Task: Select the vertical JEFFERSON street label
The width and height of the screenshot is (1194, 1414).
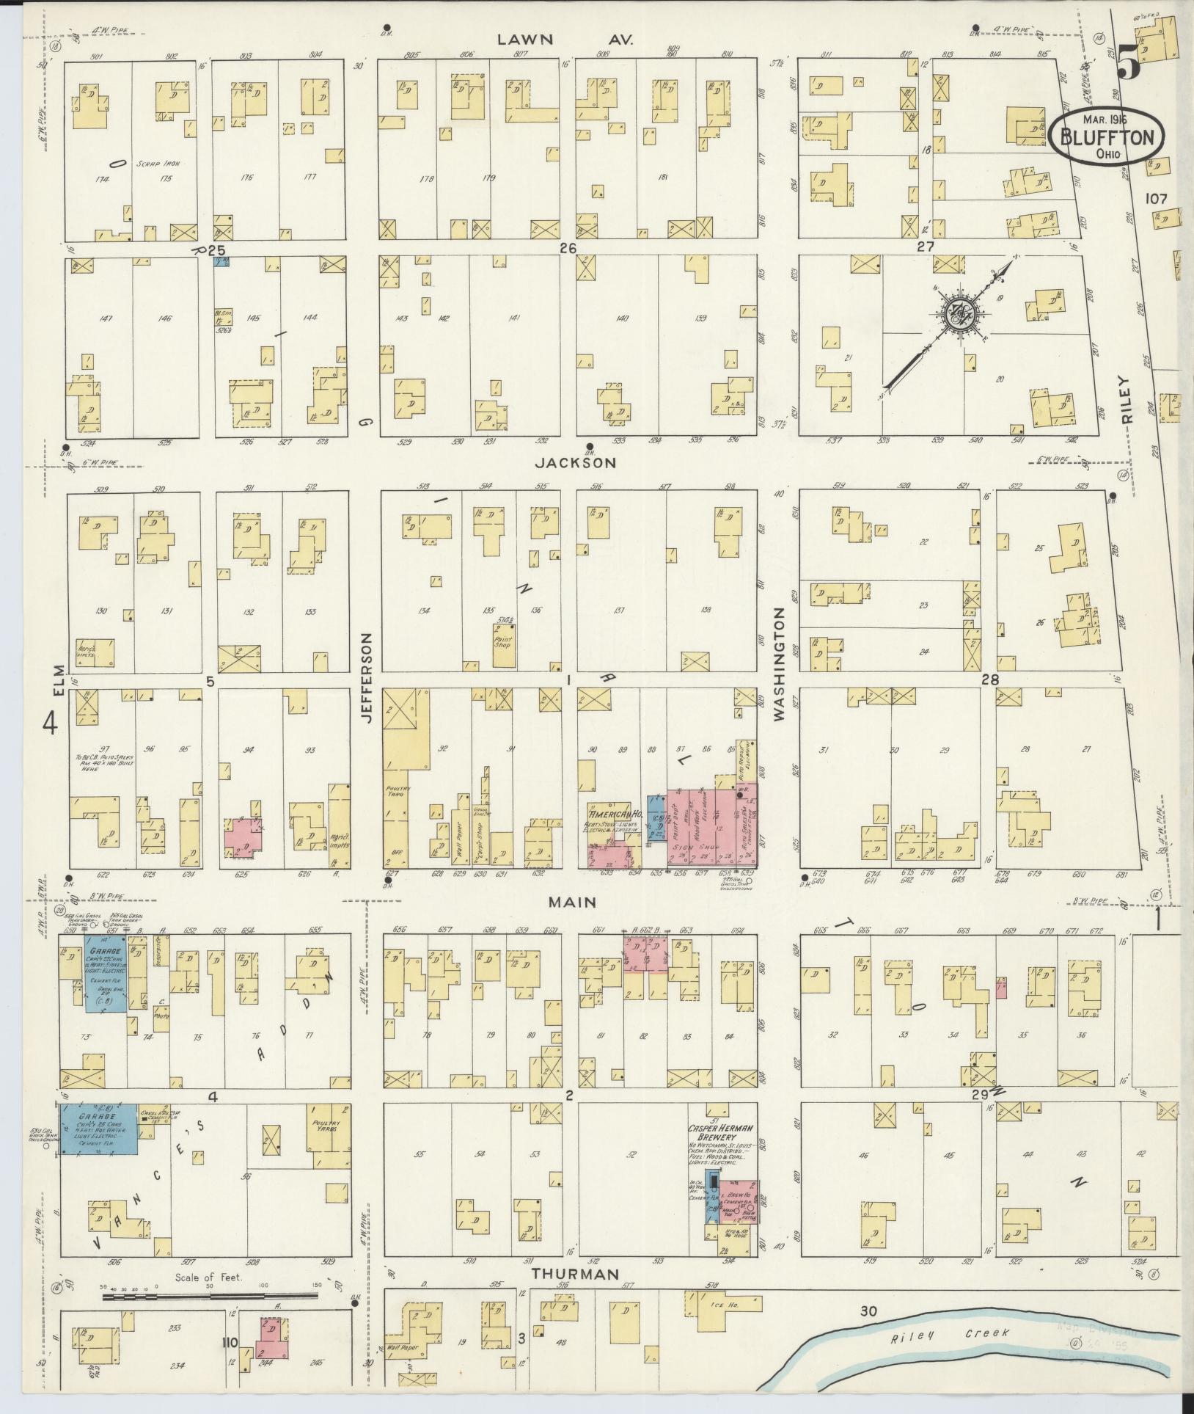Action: pos(367,678)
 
